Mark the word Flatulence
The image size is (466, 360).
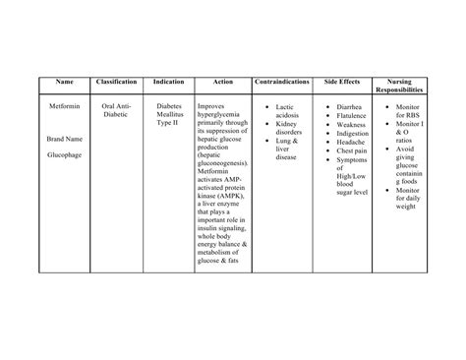point(355,115)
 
